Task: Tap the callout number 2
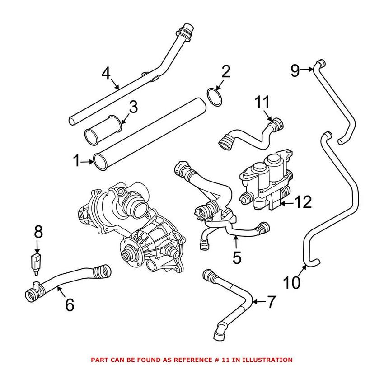[x=226, y=71]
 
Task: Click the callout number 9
[x=295, y=70]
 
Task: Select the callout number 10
[x=292, y=283]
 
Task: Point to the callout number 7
[x=270, y=302]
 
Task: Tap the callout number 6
[x=69, y=304]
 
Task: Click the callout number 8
[x=38, y=232]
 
